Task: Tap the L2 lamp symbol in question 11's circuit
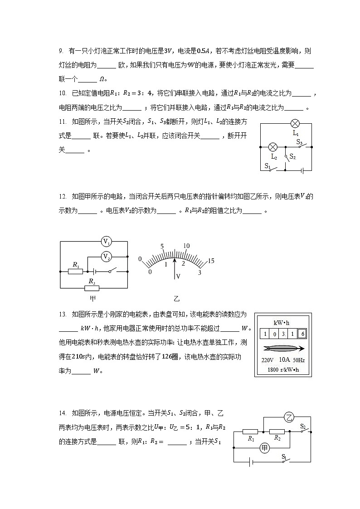pyautogui.click(x=273, y=147)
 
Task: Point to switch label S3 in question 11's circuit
pyautogui.click(x=300, y=142)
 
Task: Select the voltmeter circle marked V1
pyautogui.click(x=107, y=242)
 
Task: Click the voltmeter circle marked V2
pyautogui.click(x=106, y=257)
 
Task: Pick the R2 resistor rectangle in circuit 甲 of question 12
pyautogui.click(x=92, y=288)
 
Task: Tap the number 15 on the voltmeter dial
pyautogui.click(x=211, y=261)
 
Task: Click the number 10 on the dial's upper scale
pyautogui.click(x=186, y=246)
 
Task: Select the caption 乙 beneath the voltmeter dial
pyautogui.click(x=177, y=299)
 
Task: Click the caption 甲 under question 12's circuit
pyautogui.click(x=93, y=299)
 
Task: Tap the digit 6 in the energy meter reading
pyautogui.click(x=302, y=334)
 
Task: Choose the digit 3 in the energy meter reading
pyautogui.click(x=283, y=334)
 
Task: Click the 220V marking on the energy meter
pyautogui.click(x=268, y=360)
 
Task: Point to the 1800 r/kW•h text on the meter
pyautogui.click(x=283, y=369)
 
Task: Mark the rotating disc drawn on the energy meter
pyautogui.click(x=283, y=348)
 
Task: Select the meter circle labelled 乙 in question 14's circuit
pyautogui.click(x=289, y=417)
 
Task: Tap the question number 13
pyautogui.click(x=63, y=314)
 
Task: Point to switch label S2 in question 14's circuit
pyautogui.click(x=304, y=426)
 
